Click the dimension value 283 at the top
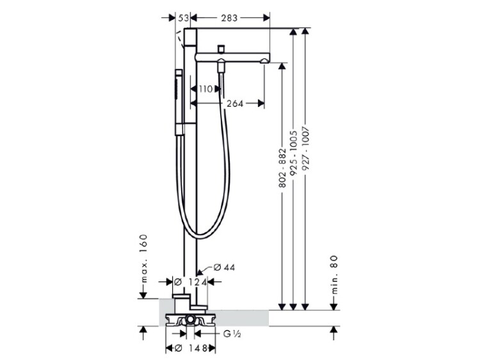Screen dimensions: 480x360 [229, 18]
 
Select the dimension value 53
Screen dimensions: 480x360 [183, 18]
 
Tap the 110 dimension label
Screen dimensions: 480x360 [205, 90]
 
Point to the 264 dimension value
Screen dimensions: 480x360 [235, 104]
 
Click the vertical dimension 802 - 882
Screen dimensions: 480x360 [282, 168]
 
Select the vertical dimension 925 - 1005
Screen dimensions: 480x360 [294, 153]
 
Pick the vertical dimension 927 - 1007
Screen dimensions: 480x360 [305, 148]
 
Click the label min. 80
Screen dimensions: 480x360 [334, 274]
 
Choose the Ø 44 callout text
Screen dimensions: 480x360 [224, 267]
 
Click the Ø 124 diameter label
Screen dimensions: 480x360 [190, 282]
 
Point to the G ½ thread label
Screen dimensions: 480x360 [232, 334]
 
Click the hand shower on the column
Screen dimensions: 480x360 [179, 102]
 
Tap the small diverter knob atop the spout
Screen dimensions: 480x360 [221, 49]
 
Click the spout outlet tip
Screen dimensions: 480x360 [264, 61]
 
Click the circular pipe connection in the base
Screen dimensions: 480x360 [191, 320]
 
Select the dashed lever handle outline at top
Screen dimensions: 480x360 [179, 39]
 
